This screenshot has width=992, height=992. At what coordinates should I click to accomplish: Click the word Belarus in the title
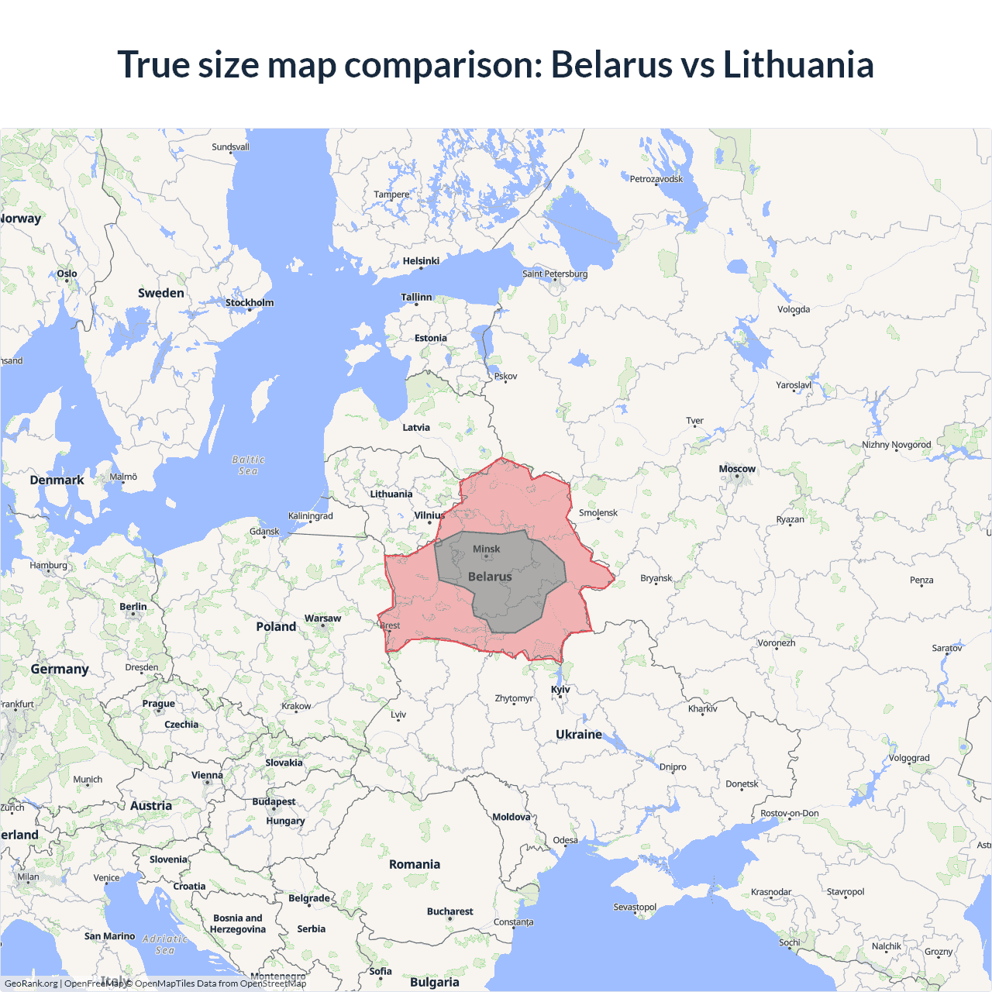611,64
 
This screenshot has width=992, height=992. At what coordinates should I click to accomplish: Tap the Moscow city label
736,469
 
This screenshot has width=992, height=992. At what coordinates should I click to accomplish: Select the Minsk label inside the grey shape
486,549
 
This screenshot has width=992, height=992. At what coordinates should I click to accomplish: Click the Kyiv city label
560,689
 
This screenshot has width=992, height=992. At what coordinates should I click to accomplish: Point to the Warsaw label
322,618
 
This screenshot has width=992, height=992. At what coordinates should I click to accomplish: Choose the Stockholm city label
250,302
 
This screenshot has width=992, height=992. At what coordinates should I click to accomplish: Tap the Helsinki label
421,261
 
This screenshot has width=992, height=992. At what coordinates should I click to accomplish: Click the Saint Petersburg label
555,274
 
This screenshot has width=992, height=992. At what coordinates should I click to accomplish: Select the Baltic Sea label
248,465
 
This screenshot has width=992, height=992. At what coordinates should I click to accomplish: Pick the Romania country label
415,864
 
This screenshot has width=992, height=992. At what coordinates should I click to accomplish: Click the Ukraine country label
579,734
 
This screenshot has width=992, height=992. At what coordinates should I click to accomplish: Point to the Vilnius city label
429,515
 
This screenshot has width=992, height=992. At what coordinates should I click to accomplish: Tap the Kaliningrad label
310,516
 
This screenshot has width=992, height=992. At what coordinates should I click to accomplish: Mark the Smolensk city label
598,513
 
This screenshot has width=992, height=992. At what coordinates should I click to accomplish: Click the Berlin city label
133,607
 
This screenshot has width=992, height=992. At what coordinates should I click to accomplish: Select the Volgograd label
909,758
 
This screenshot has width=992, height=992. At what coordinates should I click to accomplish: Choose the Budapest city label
274,801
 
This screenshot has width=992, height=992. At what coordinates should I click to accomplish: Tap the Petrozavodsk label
656,179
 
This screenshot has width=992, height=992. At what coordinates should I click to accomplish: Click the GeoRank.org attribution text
31,983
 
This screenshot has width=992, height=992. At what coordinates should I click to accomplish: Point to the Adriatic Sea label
165,944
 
